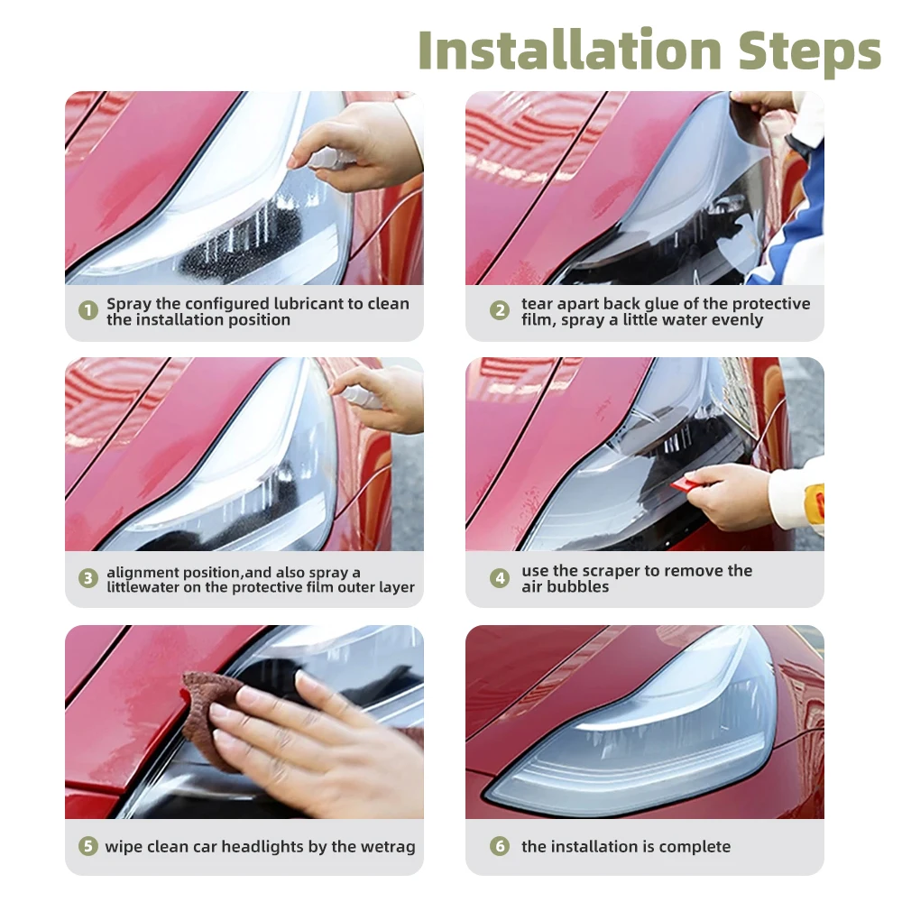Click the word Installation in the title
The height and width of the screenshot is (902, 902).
569,50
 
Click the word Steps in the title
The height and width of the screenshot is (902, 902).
809,53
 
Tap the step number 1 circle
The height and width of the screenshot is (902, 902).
88,310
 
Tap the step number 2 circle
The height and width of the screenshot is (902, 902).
500,310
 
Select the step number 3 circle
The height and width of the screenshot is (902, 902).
88,578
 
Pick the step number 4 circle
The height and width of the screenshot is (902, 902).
500,578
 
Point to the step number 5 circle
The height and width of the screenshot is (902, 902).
88,846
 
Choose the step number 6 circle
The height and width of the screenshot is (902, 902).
500,846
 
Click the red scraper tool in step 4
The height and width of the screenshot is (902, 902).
685,484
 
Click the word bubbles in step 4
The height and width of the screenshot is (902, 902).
578,587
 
